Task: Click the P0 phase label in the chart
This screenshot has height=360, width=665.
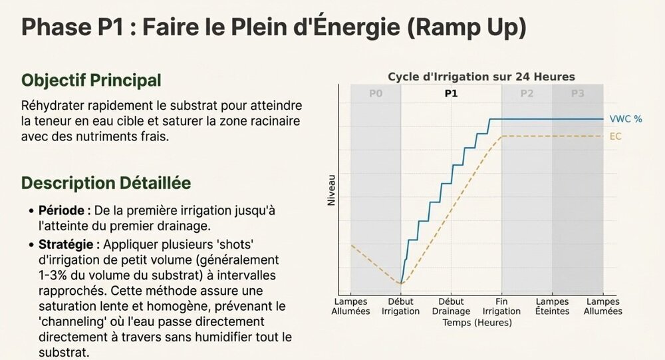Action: [x=376, y=93]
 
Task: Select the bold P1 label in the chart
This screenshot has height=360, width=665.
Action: [x=452, y=93]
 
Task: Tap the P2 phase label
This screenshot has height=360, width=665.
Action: [x=527, y=93]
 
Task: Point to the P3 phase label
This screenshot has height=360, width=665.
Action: [x=578, y=93]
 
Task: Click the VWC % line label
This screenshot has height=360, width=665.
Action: [x=626, y=119]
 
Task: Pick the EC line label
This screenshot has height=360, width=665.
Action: [x=615, y=136]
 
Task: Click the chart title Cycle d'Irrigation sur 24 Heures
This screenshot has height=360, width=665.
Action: [x=481, y=77]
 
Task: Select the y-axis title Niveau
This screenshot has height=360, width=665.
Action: [x=331, y=190]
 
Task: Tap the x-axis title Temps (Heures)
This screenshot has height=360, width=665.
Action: [x=477, y=323]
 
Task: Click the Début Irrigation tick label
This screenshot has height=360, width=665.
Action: [x=400, y=306]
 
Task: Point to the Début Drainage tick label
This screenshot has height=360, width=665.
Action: [x=451, y=306]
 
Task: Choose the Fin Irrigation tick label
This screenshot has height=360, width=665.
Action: [x=501, y=306]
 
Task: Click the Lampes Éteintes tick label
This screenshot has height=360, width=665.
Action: [x=552, y=306]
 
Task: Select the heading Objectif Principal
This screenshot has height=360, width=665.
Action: [x=91, y=81]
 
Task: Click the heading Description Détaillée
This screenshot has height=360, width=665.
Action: [x=106, y=183]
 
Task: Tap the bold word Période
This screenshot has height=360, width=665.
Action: [x=61, y=210]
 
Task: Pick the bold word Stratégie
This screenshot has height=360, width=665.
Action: [x=66, y=244]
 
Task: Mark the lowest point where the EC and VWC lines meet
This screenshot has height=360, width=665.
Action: [x=401, y=283]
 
